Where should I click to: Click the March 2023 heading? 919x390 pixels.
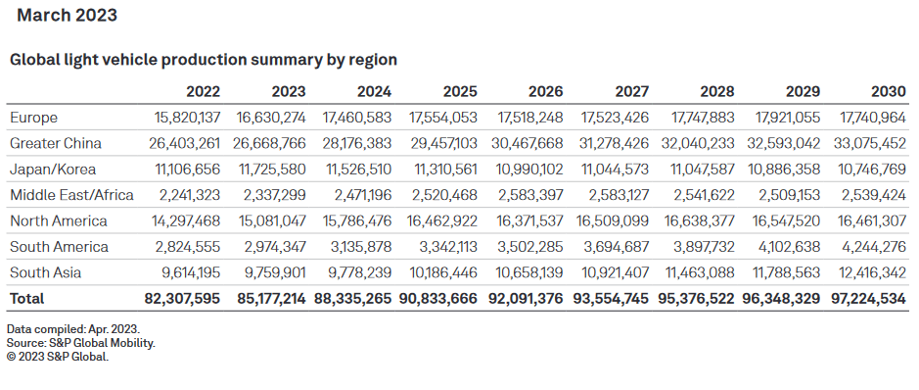(x=68, y=16)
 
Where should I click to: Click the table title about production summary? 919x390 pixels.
(x=203, y=60)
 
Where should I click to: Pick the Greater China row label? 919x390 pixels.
(x=56, y=143)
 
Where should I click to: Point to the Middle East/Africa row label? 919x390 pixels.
(x=71, y=195)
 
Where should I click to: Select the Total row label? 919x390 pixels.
(x=27, y=298)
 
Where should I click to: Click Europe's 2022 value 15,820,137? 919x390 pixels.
(x=181, y=118)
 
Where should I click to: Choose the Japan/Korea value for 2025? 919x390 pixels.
(x=438, y=170)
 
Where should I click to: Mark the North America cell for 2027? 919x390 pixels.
(x=609, y=220)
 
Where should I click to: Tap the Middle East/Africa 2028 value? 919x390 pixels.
(x=697, y=195)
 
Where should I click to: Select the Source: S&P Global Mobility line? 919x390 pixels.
(x=81, y=342)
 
